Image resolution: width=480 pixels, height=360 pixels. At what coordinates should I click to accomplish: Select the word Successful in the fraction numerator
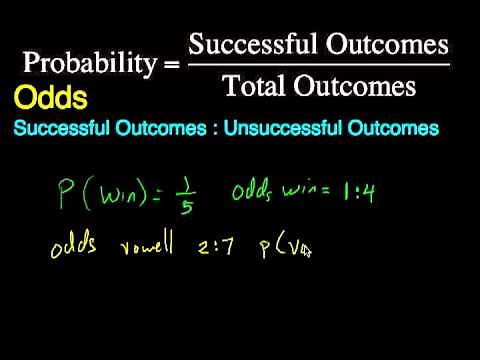click(247, 44)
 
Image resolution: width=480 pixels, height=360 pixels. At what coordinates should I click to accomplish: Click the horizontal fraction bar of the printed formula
click(318, 66)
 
